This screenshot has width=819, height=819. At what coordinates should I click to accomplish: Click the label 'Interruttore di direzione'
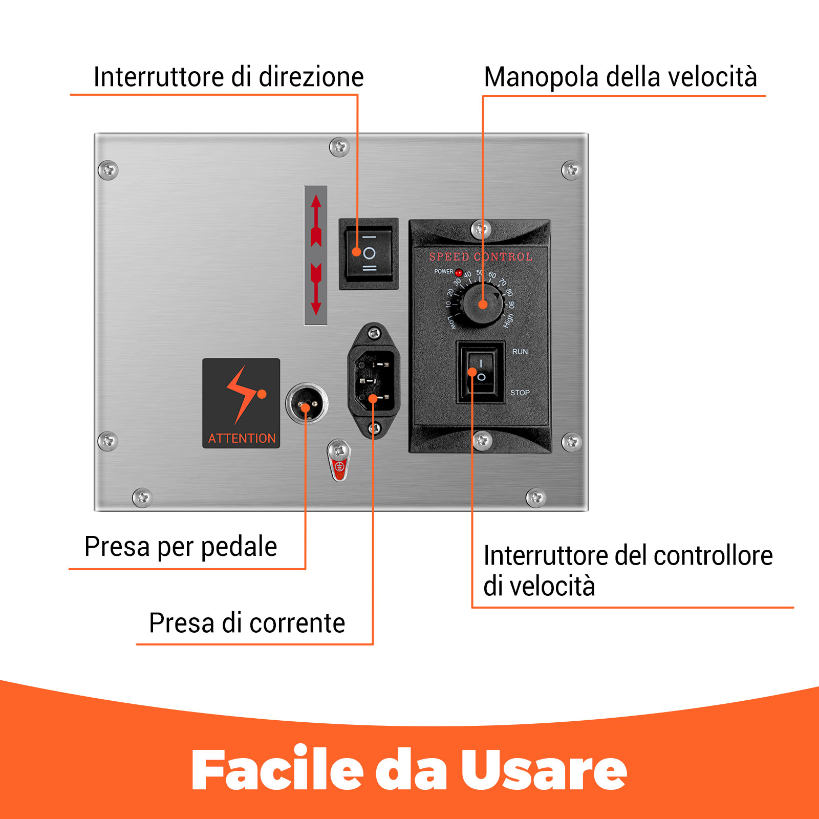(228, 77)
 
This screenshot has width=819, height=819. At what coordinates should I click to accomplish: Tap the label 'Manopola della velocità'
(620, 77)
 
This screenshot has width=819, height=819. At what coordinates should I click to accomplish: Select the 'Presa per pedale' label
(181, 547)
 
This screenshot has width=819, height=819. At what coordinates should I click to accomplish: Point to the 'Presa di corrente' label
(247, 623)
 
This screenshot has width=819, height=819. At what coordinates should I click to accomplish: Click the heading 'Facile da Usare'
(409, 770)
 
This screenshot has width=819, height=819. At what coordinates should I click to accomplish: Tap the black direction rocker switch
(369, 253)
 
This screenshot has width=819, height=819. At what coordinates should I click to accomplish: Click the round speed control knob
(482, 305)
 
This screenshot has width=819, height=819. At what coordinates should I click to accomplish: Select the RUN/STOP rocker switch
(480, 373)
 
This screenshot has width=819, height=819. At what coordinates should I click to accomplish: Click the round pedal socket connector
(307, 404)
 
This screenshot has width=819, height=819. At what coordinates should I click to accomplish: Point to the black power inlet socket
(374, 380)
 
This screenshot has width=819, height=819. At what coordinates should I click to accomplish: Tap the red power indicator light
(459, 273)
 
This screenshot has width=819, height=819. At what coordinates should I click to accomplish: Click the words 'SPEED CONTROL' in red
(481, 257)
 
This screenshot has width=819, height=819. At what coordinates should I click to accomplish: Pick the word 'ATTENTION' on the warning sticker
(242, 439)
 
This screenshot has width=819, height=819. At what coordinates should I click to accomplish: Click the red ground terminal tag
(338, 467)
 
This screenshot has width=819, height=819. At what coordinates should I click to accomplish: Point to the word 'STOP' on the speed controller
(520, 393)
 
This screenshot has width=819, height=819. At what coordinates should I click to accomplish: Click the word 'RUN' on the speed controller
(520, 352)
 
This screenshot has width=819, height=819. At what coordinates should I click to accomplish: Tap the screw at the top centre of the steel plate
(339, 147)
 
